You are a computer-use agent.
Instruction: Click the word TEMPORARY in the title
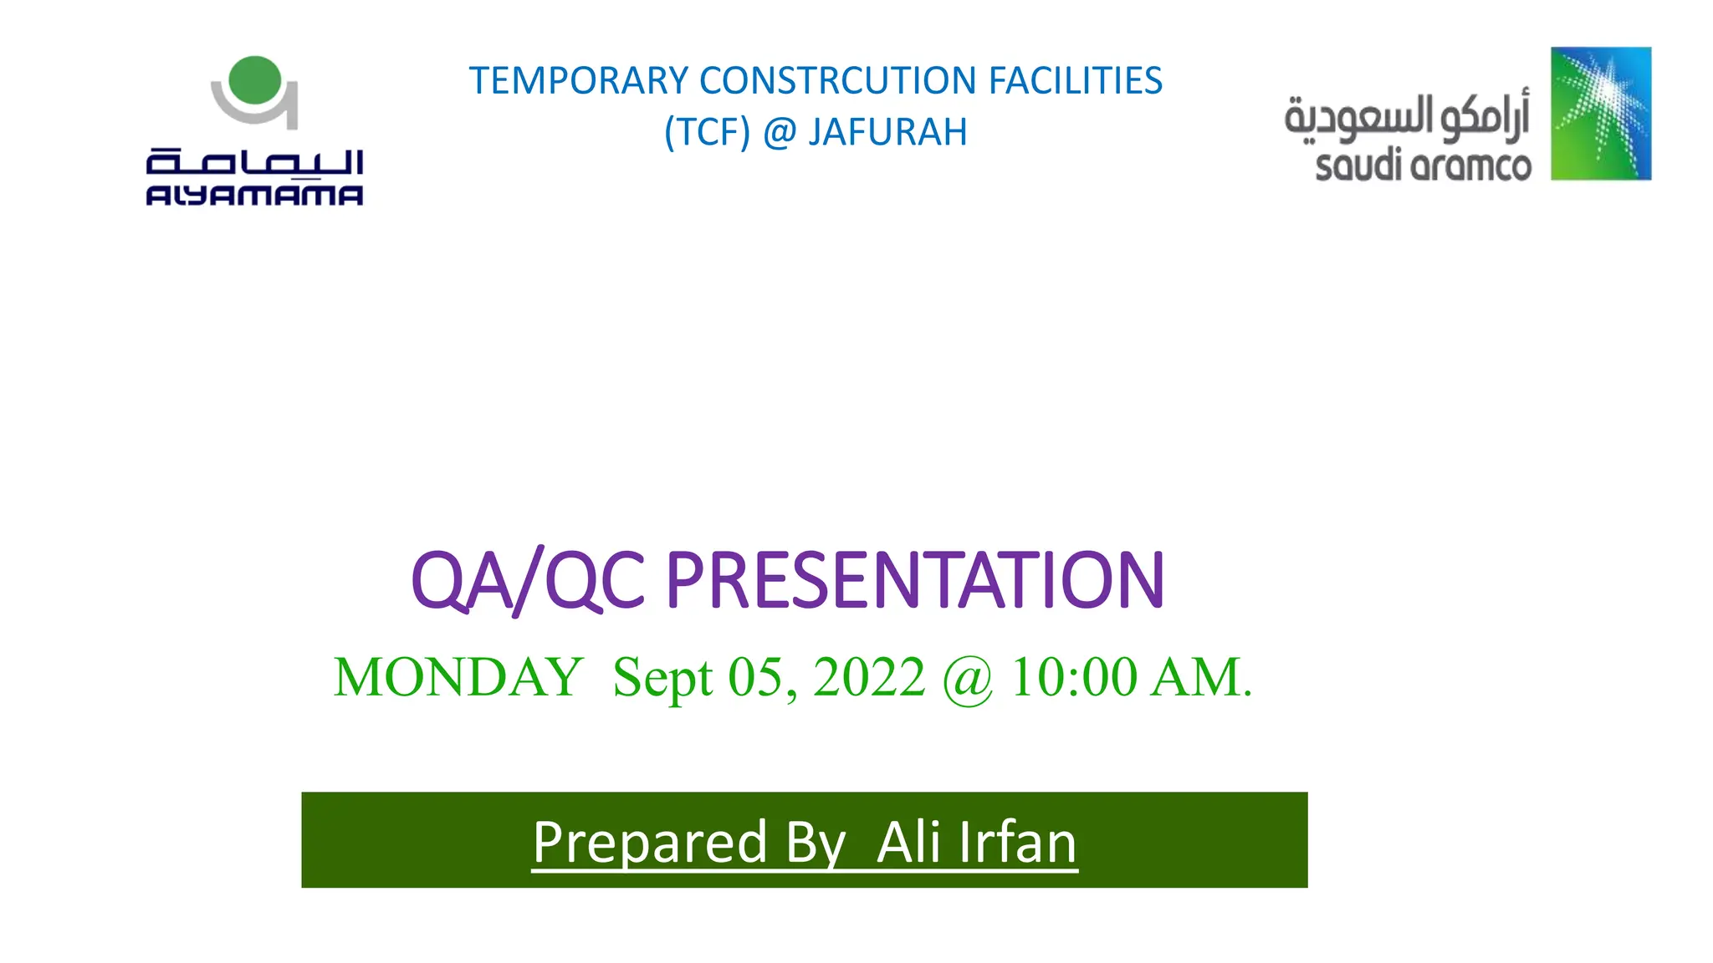pyautogui.click(x=578, y=81)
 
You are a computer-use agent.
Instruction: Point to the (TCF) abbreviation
pyautogui.click(x=707, y=132)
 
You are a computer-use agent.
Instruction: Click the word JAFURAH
pyautogui.click(x=887, y=132)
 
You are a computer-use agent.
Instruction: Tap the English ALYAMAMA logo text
pyautogui.click(x=254, y=196)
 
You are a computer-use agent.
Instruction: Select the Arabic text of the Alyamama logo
pyautogui.click(x=254, y=160)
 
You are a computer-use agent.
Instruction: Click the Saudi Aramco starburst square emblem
pyautogui.click(x=1600, y=114)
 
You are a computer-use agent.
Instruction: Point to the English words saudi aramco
pyautogui.click(x=1423, y=166)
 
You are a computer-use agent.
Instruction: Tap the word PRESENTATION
pyautogui.click(x=914, y=580)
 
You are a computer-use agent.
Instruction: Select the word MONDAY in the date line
pyautogui.click(x=458, y=677)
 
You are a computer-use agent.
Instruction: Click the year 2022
pyautogui.click(x=869, y=677)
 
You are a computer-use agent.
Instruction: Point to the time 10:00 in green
pyautogui.click(x=1074, y=677)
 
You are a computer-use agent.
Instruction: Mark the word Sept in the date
pyautogui.click(x=662, y=677)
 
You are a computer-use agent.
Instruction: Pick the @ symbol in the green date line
pyautogui.click(x=968, y=679)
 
